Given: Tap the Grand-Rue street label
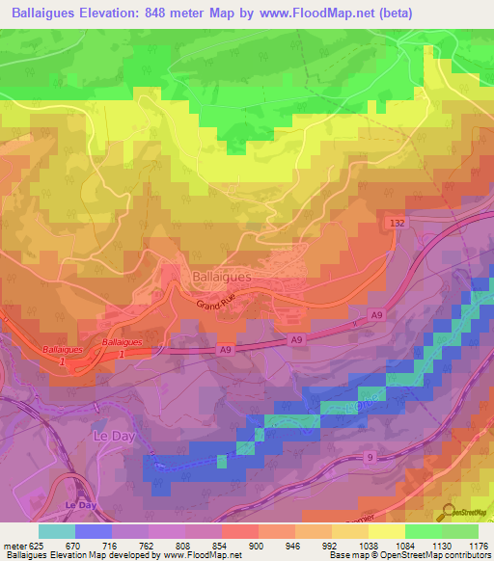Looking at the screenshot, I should [218, 307].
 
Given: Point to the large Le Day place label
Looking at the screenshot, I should [111, 436].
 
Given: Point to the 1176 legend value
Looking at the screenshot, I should [478, 546].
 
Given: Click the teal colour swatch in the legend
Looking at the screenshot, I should [57, 531].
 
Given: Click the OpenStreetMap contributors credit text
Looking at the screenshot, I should [434, 556].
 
